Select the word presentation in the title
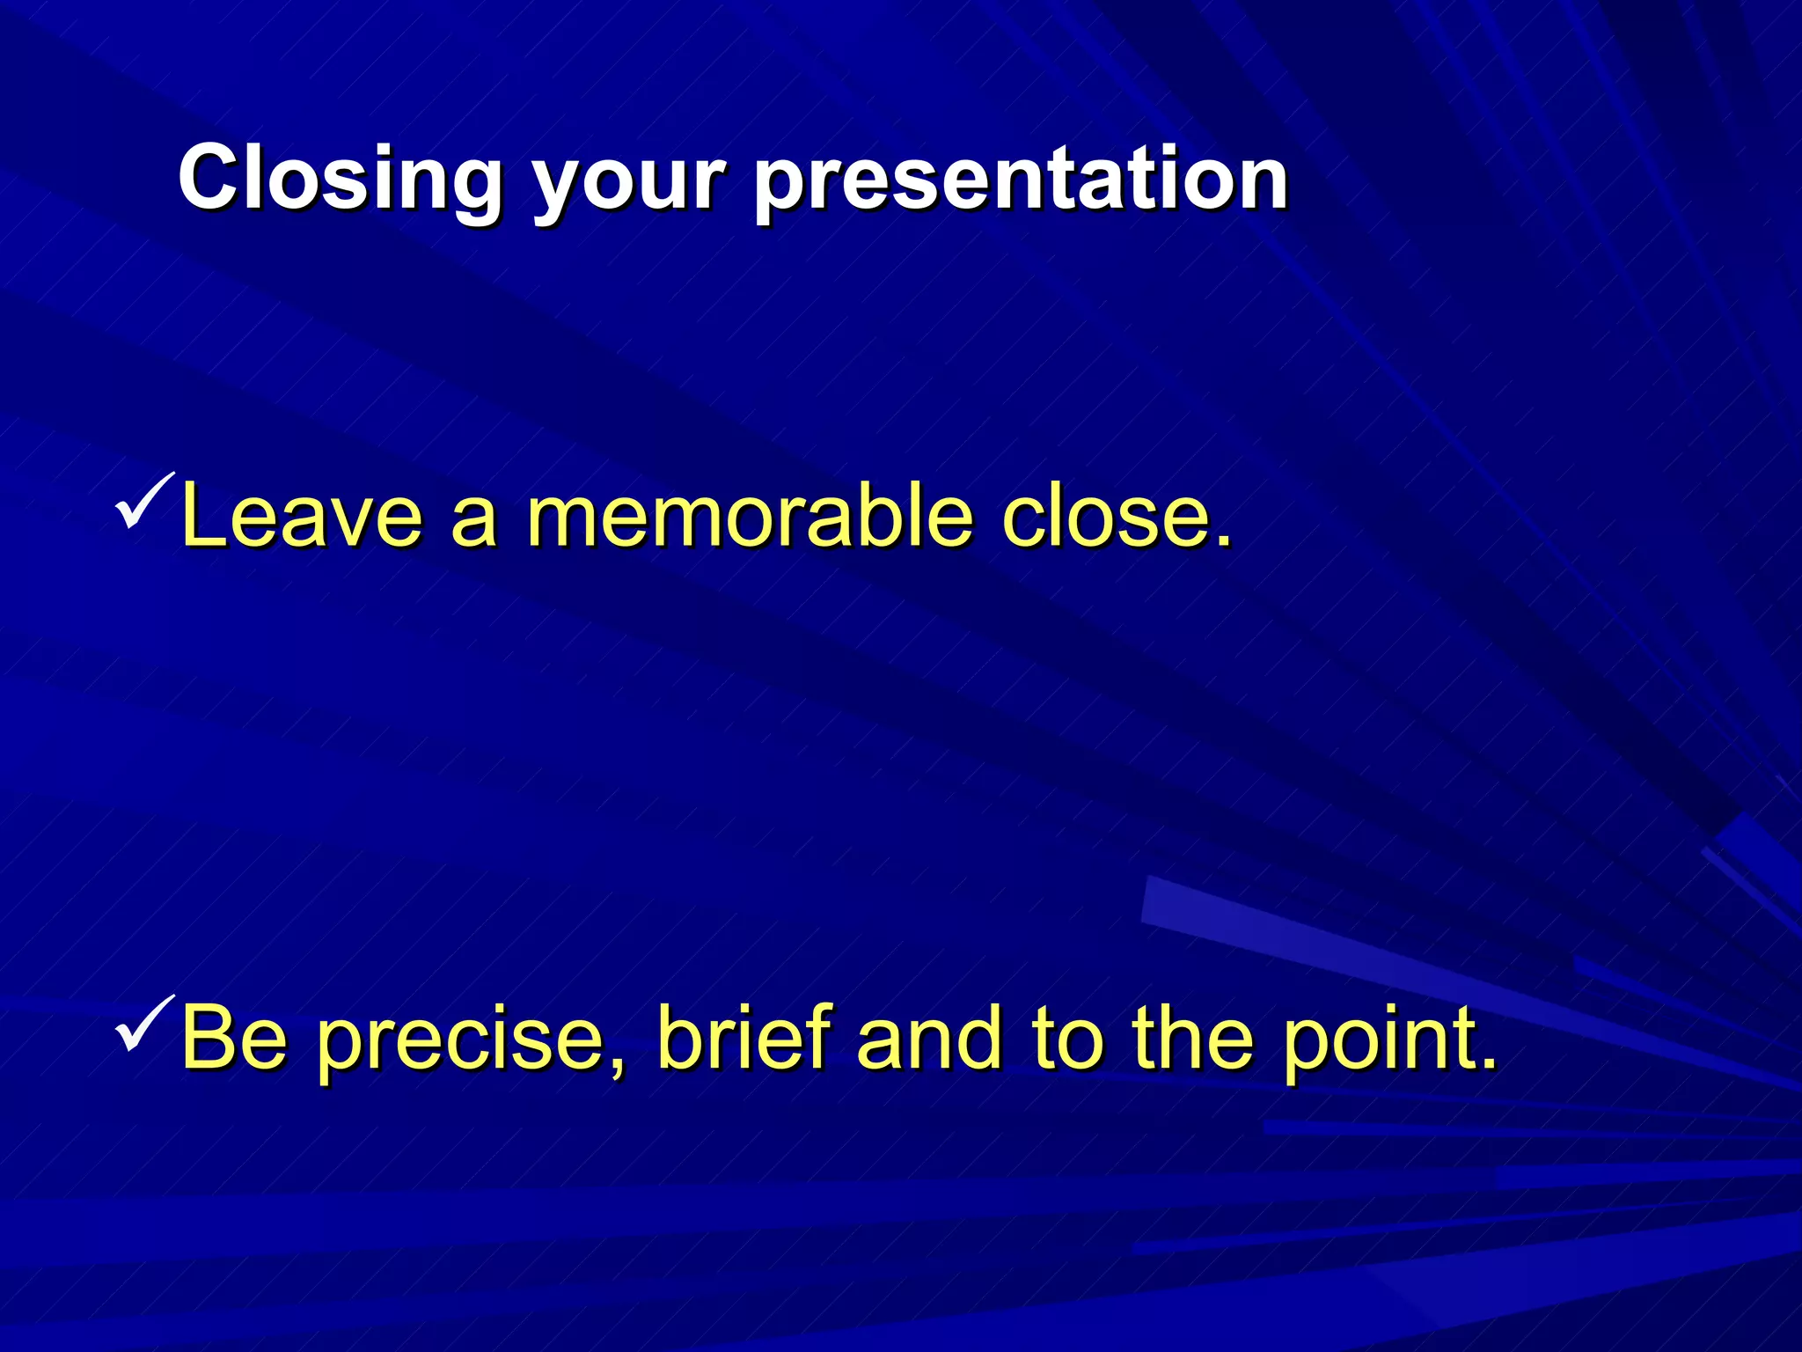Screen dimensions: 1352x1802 click(x=1021, y=180)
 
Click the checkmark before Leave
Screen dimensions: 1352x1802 click(x=143, y=502)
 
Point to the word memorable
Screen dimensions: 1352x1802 click(x=749, y=517)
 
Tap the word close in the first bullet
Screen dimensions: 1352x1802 click(x=1103, y=517)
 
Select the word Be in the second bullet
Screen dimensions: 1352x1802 click(x=233, y=1038)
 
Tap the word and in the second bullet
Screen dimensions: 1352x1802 click(x=929, y=1038)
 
